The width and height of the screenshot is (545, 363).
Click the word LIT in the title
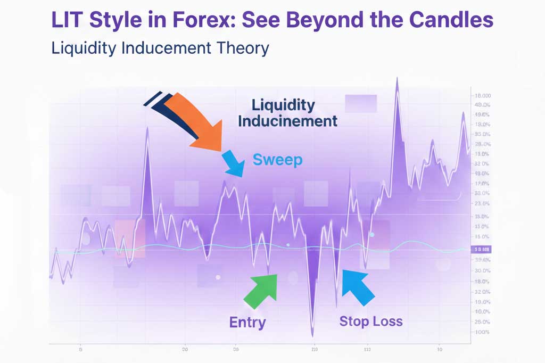pos(68,20)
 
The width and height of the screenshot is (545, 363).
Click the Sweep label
pos(277,159)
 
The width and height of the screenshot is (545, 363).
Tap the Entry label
pos(247,322)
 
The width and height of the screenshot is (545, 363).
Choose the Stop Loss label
pos(371,321)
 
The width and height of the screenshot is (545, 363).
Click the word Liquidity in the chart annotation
pos(283,105)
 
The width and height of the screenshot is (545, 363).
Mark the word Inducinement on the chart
pos(287,121)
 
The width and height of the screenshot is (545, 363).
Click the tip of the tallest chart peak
pos(397,79)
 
